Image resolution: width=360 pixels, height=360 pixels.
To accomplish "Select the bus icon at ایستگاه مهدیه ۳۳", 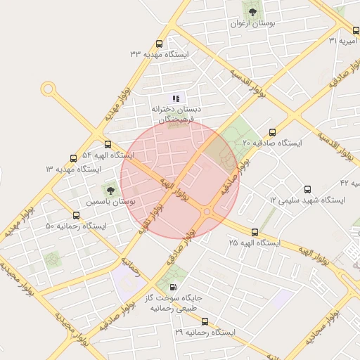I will pyautogui.click(x=160, y=43).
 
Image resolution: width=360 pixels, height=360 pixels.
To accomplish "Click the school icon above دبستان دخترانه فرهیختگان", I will pyautogui.click(x=176, y=98).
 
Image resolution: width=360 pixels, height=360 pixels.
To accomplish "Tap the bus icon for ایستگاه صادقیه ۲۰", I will pyautogui.click(x=272, y=131).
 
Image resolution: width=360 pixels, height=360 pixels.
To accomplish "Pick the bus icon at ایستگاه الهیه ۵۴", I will pyautogui.click(x=108, y=144).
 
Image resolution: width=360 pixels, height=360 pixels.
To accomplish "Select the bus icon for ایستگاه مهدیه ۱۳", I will pyautogui.click(x=73, y=159).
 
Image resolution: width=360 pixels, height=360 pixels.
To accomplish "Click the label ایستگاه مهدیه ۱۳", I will pyautogui.click(x=73, y=169).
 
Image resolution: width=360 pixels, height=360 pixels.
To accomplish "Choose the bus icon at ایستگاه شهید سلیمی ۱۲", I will pyautogui.click(x=307, y=189).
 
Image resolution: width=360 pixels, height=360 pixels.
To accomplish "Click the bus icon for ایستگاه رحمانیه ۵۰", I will pyautogui.click(x=76, y=215).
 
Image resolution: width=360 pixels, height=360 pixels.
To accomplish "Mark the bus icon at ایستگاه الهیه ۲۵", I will pyautogui.click(x=254, y=231).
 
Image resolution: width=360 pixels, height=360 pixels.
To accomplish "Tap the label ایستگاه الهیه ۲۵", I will pyautogui.click(x=254, y=243).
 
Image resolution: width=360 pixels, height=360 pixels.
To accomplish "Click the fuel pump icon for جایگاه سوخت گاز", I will pyautogui.click(x=174, y=287).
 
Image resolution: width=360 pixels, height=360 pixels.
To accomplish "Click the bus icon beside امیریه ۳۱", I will pyautogui.click(x=355, y=30).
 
